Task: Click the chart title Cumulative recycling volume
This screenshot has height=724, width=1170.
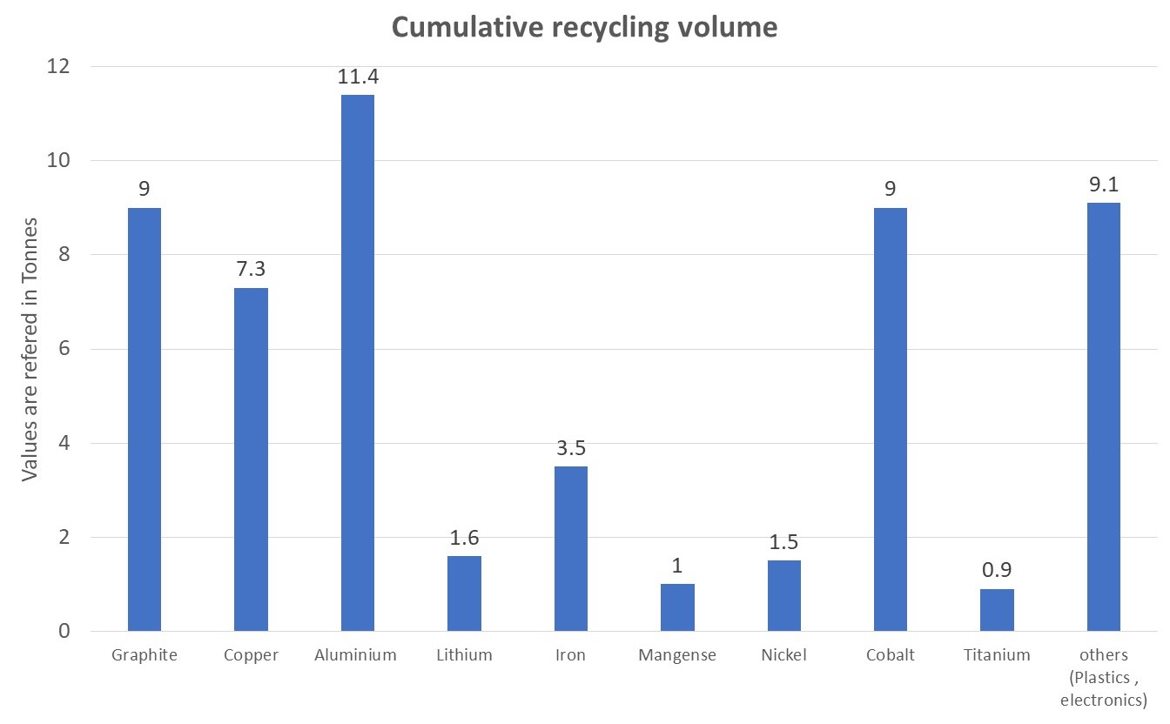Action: pos(584,27)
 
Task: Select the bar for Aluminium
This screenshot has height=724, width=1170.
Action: pos(357,363)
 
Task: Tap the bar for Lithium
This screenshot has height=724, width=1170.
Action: pos(464,593)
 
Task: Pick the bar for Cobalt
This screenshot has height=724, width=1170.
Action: pos(891,419)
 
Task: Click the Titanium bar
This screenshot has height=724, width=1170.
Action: pos(997,610)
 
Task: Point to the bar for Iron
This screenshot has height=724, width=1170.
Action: pos(570,548)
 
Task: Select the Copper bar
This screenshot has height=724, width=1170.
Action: pos(251,459)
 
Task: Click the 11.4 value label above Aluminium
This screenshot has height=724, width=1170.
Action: pos(358,77)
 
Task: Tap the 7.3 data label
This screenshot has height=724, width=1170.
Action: pos(251,270)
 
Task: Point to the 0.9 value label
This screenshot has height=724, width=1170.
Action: pos(997,571)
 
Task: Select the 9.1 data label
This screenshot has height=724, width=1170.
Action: pos(1104,184)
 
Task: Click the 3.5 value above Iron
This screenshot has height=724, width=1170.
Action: pos(570,448)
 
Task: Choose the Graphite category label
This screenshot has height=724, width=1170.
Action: pos(144,655)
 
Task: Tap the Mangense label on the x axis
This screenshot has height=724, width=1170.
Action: pos(677,655)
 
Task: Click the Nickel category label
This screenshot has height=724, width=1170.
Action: pos(783,655)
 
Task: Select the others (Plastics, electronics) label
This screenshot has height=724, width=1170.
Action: pos(1104,676)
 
